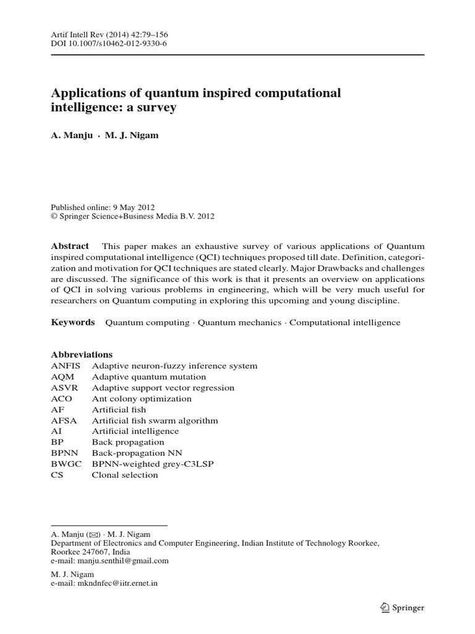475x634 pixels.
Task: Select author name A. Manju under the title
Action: (71, 136)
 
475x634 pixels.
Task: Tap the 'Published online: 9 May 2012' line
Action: (102, 207)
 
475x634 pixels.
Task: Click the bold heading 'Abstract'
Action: (70, 246)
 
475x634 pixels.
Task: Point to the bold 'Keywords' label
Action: (72, 323)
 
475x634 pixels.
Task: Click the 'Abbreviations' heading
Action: (81, 355)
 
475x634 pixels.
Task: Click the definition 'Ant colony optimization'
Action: (142, 399)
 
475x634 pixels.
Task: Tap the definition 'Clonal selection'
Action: (125, 475)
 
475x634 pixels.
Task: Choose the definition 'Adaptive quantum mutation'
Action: (149, 377)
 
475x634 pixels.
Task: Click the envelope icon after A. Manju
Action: (93, 533)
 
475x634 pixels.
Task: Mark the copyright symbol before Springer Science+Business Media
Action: (54, 217)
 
